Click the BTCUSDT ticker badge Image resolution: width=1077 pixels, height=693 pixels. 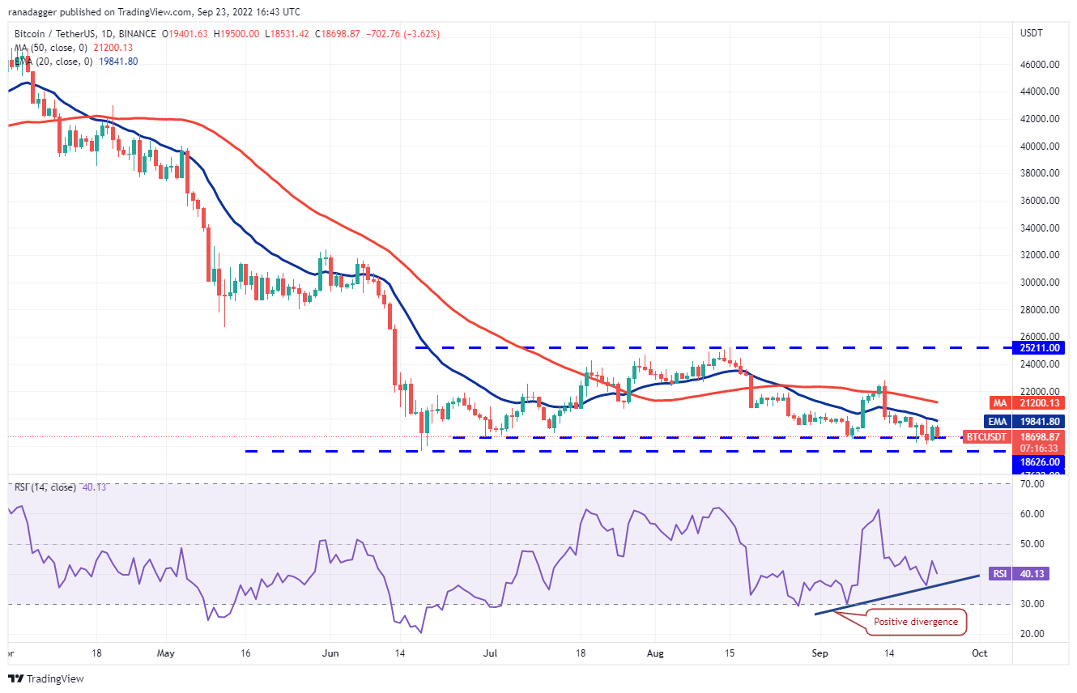[x=985, y=436]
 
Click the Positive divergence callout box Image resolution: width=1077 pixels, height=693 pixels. [x=915, y=622]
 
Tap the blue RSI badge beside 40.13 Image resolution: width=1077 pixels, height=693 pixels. [x=1000, y=573]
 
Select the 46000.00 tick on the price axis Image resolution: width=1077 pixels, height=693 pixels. [x=1041, y=65]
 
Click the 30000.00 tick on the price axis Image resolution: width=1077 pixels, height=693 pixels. [x=1041, y=283]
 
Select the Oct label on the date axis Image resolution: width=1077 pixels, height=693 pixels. [x=979, y=653]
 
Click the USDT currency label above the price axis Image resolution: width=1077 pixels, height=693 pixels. [x=1032, y=33]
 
